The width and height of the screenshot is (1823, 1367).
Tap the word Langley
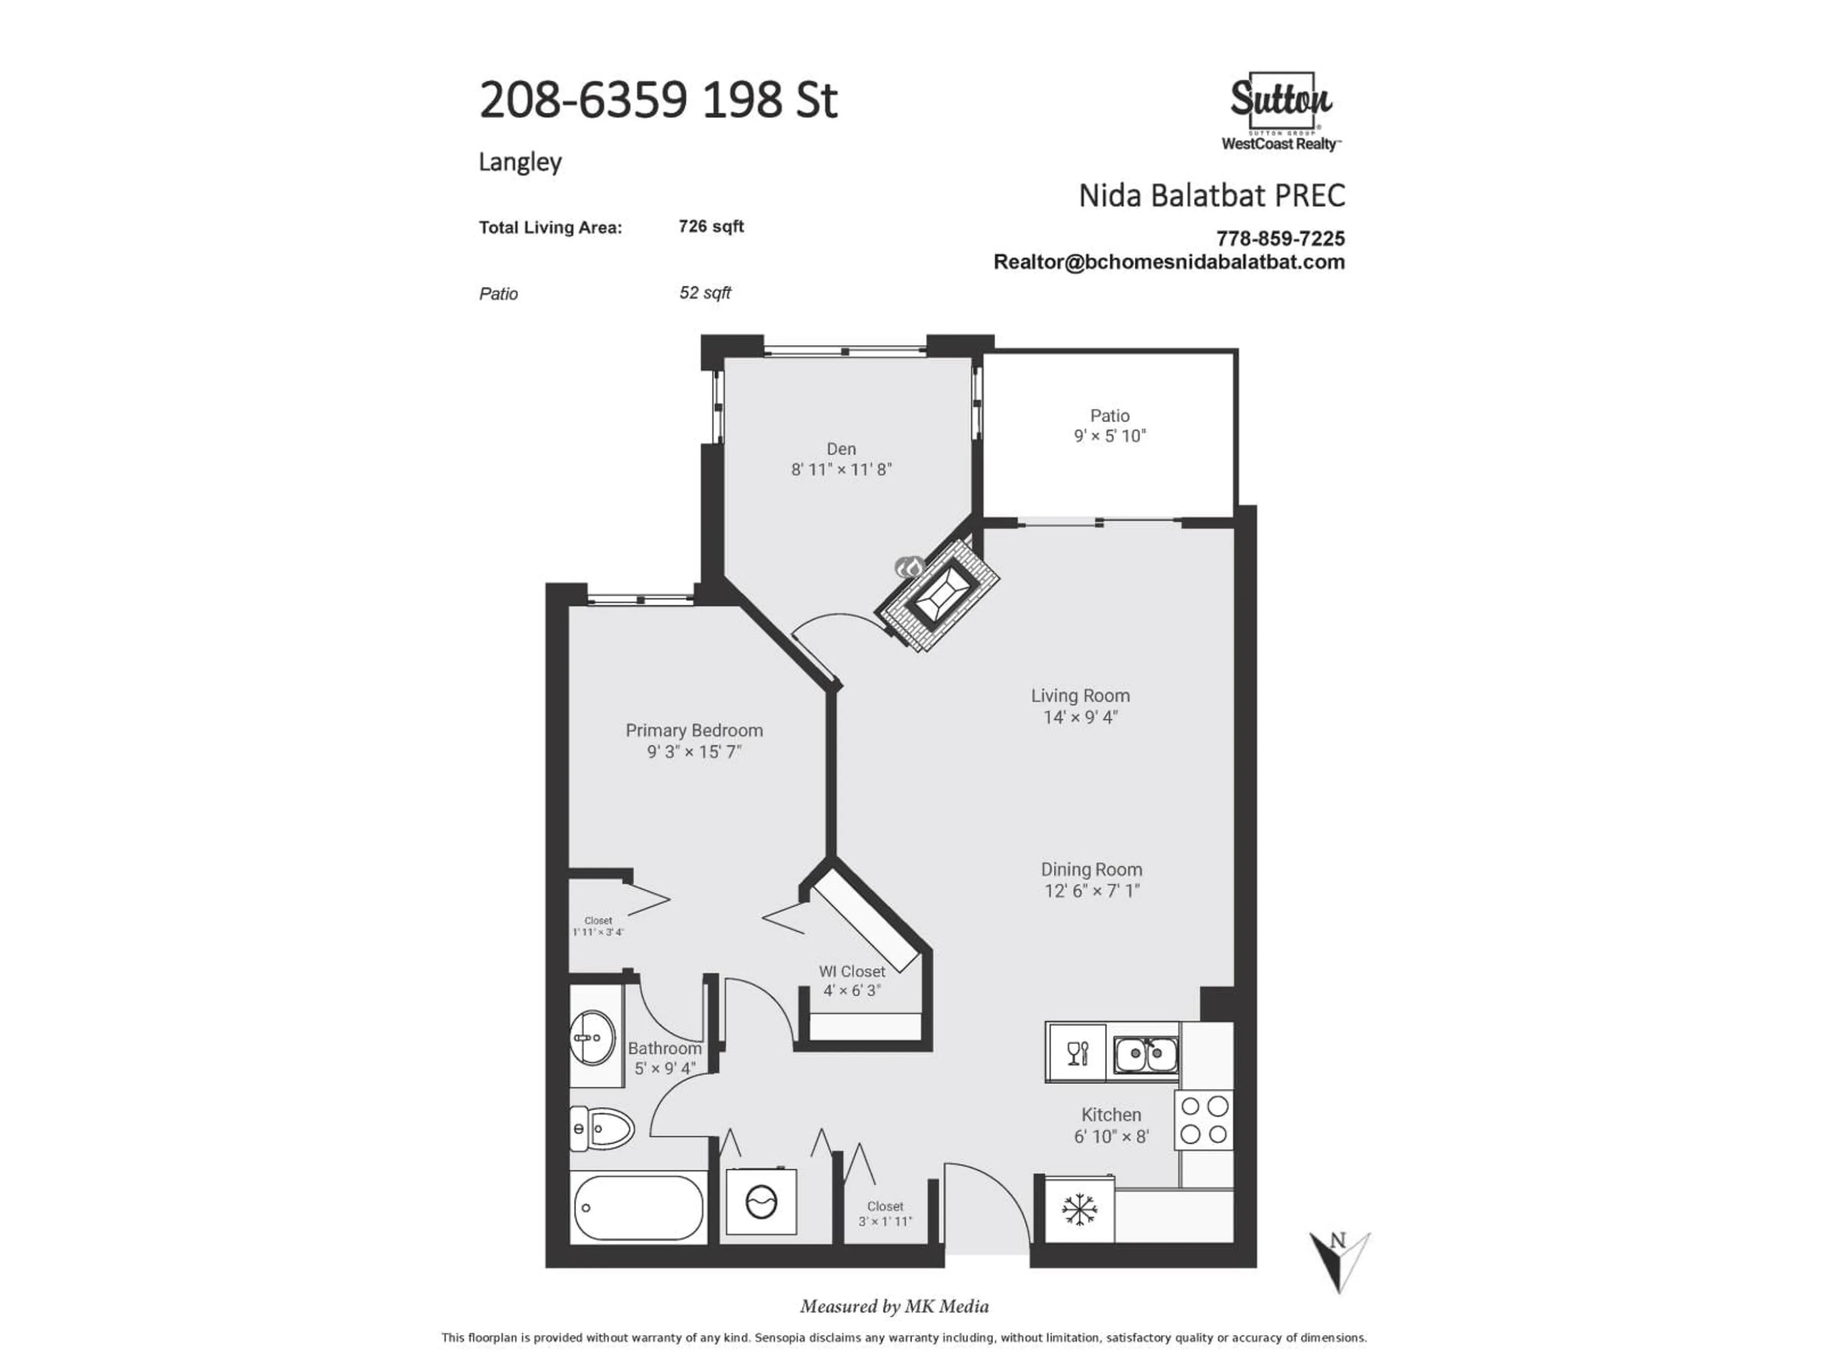(520, 161)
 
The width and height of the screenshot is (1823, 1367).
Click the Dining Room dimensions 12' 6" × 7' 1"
(1092, 891)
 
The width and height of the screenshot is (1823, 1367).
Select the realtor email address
(1169, 262)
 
